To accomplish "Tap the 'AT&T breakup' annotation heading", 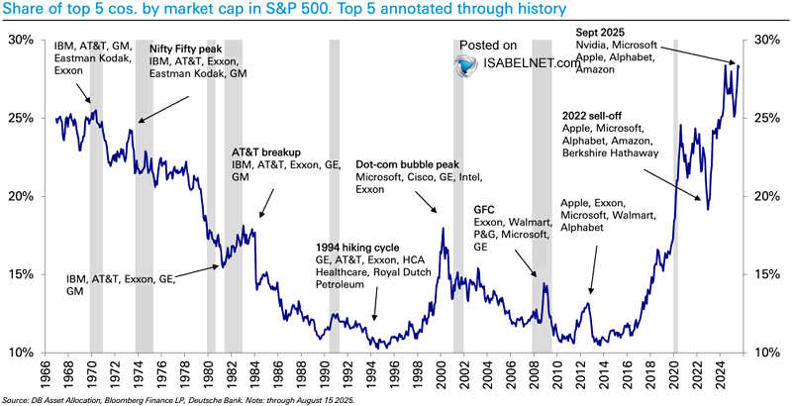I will tap(266, 152).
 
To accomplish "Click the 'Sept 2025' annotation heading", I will tap(600, 32).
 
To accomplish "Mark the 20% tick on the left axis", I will tap(21, 196).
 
